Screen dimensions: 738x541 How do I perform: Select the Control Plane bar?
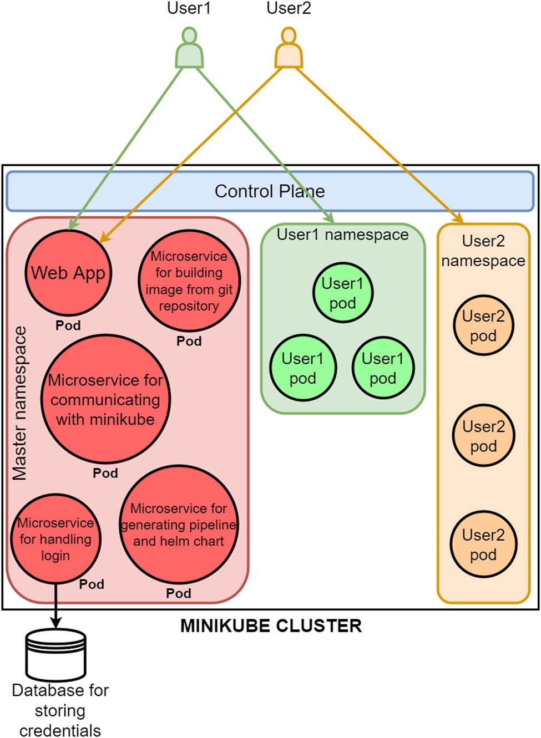pos(270,191)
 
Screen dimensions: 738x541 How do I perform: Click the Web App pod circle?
pos(68,273)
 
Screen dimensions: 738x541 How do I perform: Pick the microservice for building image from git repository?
pos(189,281)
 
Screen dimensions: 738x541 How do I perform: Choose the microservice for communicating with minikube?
pos(105,399)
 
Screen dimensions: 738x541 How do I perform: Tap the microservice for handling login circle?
pos(55,539)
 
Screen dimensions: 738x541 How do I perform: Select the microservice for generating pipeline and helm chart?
pos(179,525)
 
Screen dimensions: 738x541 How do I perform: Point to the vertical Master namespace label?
pos(20,403)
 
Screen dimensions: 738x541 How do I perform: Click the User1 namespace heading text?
pos(342,235)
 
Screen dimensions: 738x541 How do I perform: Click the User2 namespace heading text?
pos(483,251)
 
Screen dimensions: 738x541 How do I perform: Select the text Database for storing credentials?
pos(60,710)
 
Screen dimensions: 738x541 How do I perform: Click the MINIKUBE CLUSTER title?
pos(271,626)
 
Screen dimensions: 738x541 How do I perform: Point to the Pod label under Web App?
pos(68,325)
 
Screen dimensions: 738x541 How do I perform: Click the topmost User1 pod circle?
pos(342,293)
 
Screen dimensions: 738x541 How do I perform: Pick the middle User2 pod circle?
pos(483,435)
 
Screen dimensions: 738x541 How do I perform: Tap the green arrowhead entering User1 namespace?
pos(330,218)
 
